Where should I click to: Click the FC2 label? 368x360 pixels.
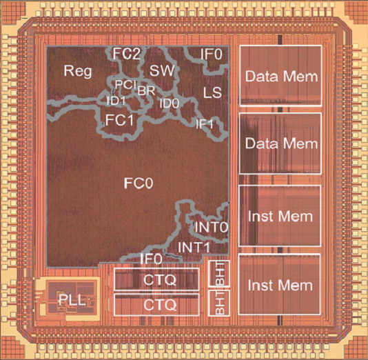(x=127, y=54)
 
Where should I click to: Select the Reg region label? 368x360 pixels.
(x=78, y=71)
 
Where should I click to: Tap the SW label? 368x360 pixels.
(x=162, y=70)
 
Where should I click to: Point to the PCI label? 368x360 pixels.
(x=126, y=85)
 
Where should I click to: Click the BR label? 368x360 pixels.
(x=146, y=90)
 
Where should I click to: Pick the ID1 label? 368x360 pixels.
(x=116, y=101)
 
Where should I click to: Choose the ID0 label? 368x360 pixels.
(x=170, y=103)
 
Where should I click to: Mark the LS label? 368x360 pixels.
(x=212, y=92)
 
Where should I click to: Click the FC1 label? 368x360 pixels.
(x=119, y=120)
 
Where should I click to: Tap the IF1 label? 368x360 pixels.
(x=205, y=123)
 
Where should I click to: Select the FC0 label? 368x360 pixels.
(x=139, y=183)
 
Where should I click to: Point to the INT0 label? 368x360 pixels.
(x=212, y=227)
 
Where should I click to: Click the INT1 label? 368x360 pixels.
(x=194, y=248)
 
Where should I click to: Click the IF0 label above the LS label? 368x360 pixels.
(x=212, y=54)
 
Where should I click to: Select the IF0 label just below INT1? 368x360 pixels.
(x=151, y=259)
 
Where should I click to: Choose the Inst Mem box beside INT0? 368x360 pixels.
(x=280, y=216)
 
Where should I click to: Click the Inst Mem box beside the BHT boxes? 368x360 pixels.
(x=280, y=284)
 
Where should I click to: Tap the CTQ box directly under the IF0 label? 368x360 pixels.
(x=156, y=279)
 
